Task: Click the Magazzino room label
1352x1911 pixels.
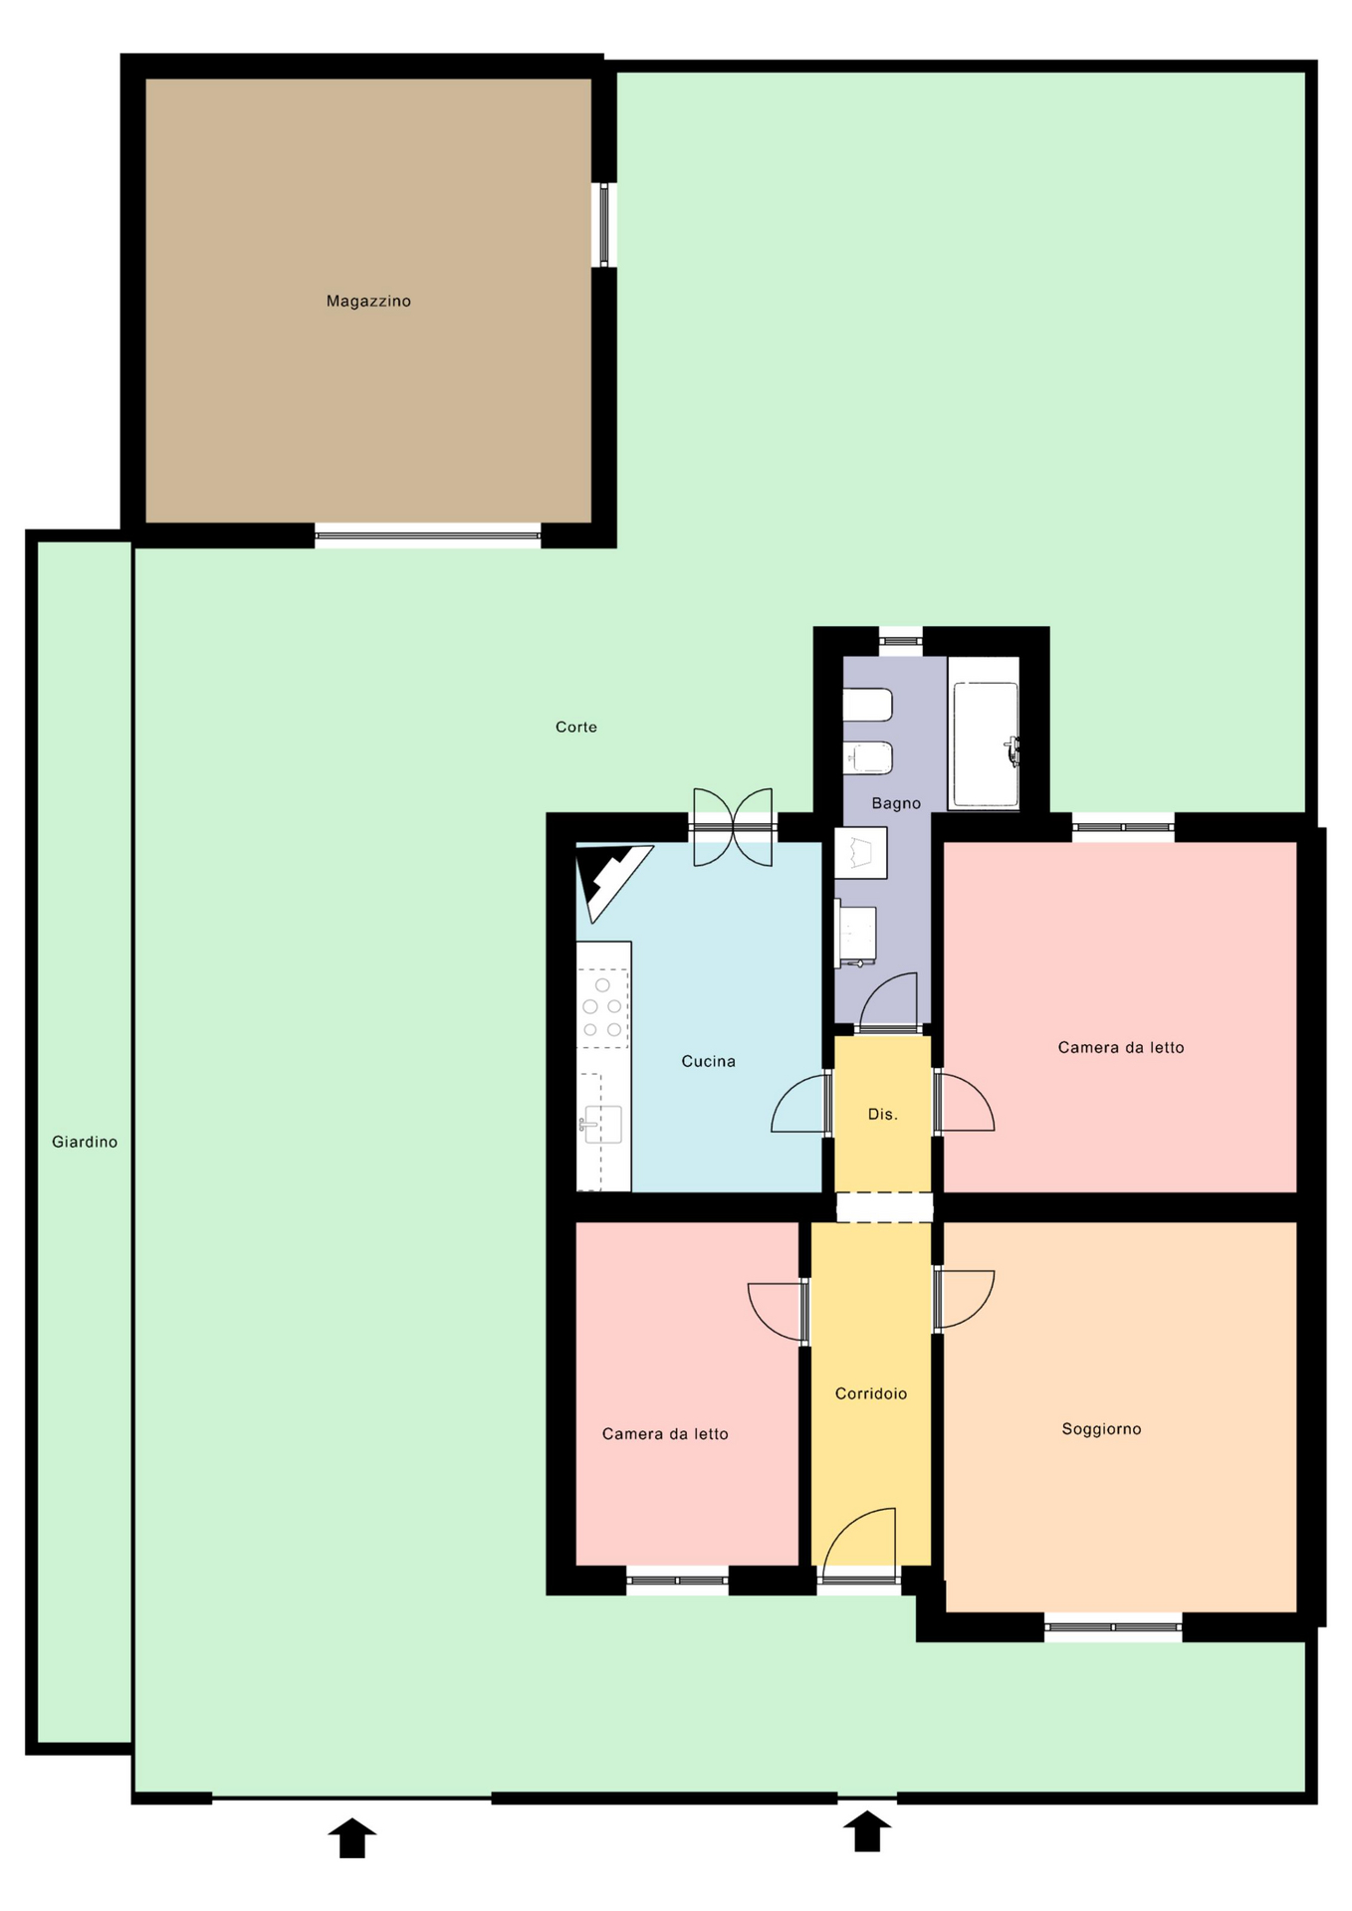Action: point(368,301)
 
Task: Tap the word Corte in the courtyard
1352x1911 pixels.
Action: point(576,727)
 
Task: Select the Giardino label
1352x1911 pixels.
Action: point(85,1142)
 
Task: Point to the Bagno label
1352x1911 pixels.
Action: point(896,803)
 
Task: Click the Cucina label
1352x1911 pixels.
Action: point(709,1061)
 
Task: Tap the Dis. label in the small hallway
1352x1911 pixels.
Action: point(883,1114)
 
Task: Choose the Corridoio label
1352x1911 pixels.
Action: point(871,1393)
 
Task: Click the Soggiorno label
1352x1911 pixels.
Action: point(1101,1428)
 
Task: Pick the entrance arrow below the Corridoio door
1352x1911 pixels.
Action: point(867,1830)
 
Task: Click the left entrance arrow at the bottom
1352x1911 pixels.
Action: point(352,1837)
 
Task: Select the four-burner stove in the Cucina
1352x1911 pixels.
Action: point(603,1007)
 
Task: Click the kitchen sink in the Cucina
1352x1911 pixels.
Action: point(601,1125)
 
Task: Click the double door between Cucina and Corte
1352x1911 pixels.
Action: point(733,826)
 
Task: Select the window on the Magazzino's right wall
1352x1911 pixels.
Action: point(603,225)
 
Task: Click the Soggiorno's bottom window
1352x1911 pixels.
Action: point(1113,1626)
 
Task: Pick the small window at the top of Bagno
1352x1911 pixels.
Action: point(900,641)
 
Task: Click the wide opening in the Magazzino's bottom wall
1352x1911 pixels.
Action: point(428,535)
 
